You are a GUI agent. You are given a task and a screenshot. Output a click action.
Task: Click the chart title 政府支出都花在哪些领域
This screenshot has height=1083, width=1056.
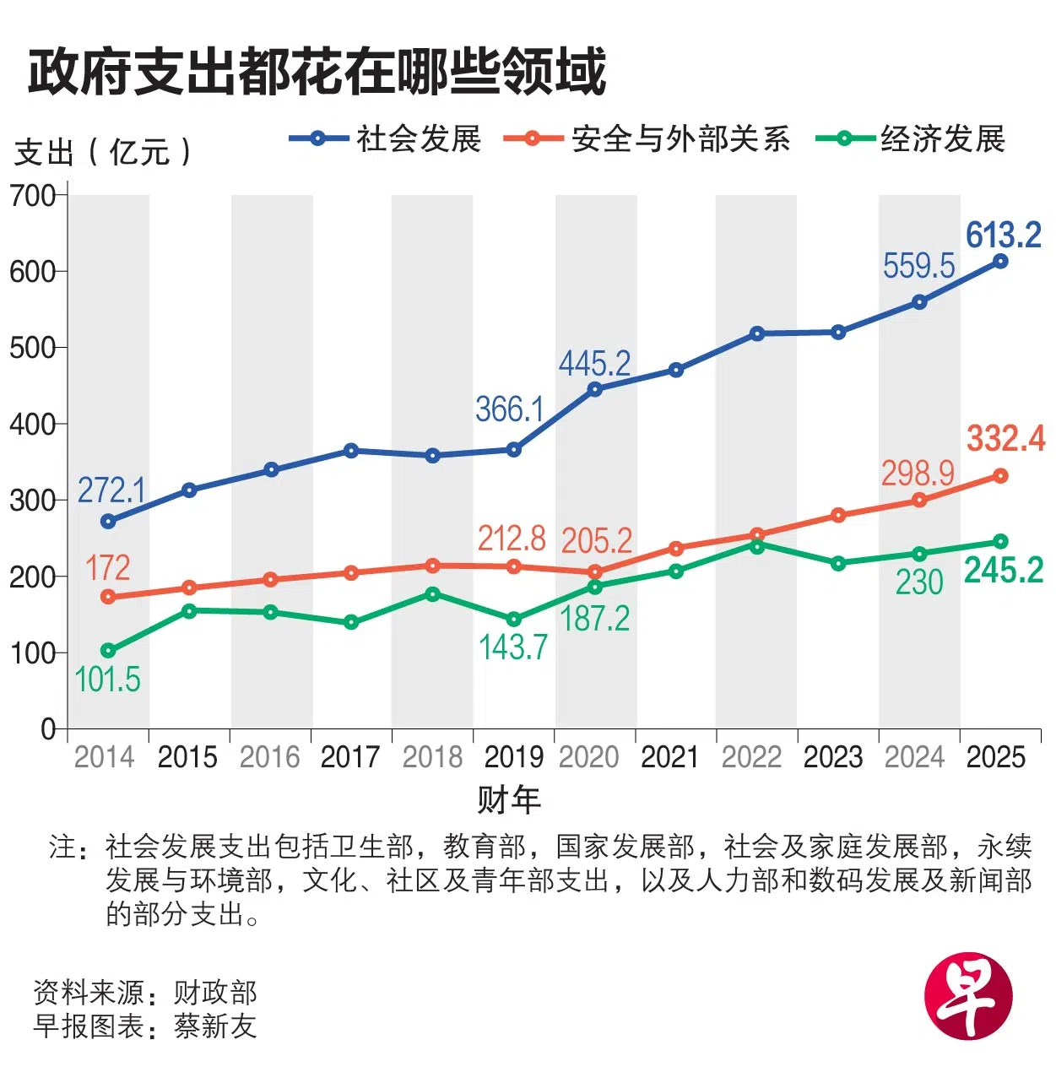(x=317, y=71)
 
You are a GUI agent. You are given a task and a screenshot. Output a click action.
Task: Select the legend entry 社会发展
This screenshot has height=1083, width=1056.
(x=419, y=138)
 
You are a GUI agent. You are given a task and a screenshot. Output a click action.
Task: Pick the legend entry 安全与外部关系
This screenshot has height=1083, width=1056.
(x=680, y=138)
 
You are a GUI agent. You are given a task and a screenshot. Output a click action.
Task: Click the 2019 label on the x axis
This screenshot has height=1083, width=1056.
(x=513, y=757)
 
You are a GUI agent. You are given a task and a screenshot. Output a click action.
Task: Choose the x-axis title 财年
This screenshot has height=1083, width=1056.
(x=508, y=799)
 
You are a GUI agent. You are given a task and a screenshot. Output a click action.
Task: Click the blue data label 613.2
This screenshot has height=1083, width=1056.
(x=1004, y=235)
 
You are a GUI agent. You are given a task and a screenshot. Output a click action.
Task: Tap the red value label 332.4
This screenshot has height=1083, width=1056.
(x=1005, y=438)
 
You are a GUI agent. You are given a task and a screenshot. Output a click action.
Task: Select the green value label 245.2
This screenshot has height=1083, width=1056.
(x=1004, y=571)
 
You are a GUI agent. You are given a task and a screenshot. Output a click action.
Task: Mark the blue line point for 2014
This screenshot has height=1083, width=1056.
(x=108, y=522)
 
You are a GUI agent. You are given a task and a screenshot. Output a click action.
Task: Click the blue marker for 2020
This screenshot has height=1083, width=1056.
(x=595, y=389)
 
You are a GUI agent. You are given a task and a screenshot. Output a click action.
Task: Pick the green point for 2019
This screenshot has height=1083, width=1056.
(x=513, y=620)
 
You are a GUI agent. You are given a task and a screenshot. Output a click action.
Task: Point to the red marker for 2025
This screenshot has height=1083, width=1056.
(x=1000, y=476)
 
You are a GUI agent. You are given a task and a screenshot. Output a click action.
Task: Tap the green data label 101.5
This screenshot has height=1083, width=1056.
(x=107, y=680)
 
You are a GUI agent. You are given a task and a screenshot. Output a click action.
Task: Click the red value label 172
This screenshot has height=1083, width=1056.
(x=107, y=568)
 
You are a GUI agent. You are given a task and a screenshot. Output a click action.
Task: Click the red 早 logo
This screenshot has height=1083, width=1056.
(x=968, y=996)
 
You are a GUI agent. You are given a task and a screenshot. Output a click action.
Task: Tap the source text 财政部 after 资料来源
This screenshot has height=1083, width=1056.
(x=215, y=993)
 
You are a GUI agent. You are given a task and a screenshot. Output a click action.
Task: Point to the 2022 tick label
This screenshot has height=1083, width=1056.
(x=751, y=757)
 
